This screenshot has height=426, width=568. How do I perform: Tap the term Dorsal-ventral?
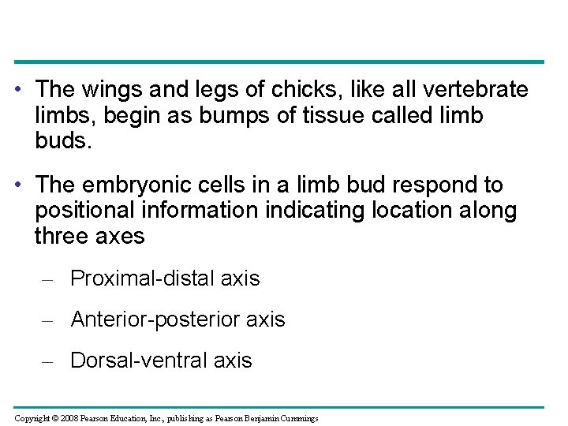(x=139, y=361)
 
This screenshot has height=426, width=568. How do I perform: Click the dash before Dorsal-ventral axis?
(x=47, y=361)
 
